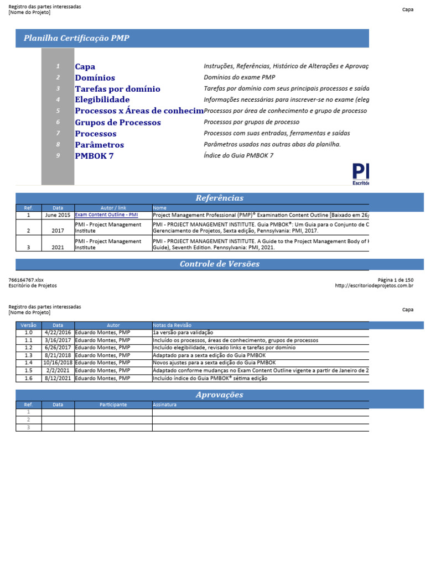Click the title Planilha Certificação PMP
(76, 38)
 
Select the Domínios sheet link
(95, 78)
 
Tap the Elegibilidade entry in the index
(102, 100)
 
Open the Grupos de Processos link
(118, 122)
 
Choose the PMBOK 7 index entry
(94, 156)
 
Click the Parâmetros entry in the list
(100, 145)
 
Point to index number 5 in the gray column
(58, 111)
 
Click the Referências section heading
(219, 198)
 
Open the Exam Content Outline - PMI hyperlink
(106, 215)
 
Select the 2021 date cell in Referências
(58, 248)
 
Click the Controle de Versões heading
(219, 264)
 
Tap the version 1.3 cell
(28, 355)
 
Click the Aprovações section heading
(219, 395)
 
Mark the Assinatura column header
(164, 405)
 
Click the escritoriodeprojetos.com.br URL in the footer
(374, 286)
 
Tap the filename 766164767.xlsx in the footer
(26, 280)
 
